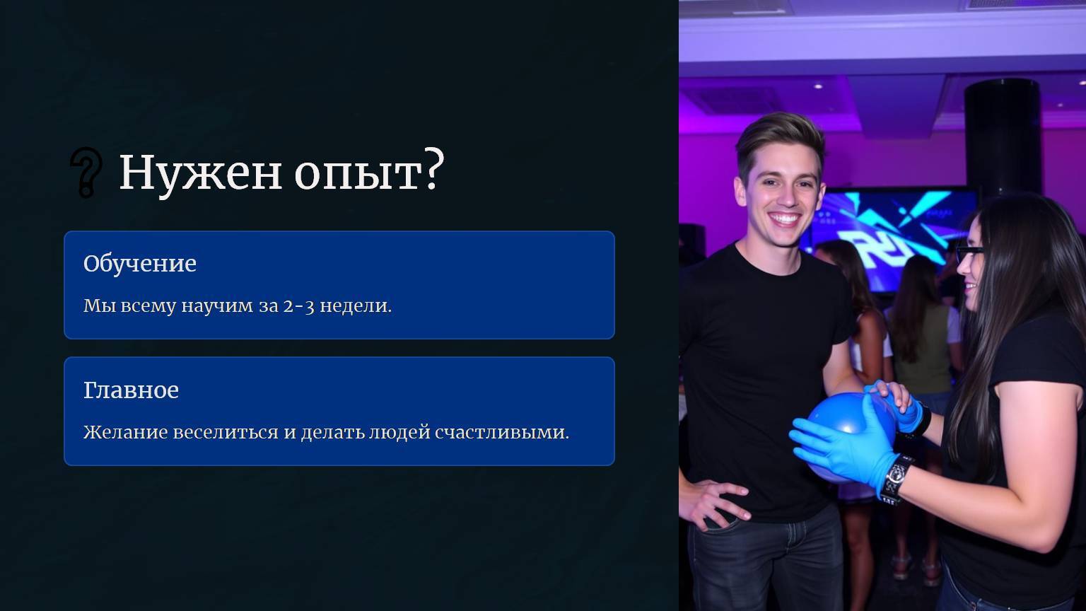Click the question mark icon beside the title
(86, 173)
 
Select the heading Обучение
(139, 263)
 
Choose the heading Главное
(131, 390)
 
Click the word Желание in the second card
(126, 431)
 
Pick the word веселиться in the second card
(226, 431)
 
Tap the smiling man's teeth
(784, 219)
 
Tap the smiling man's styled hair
(780, 138)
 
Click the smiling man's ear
(740, 192)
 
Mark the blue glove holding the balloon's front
(846, 443)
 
